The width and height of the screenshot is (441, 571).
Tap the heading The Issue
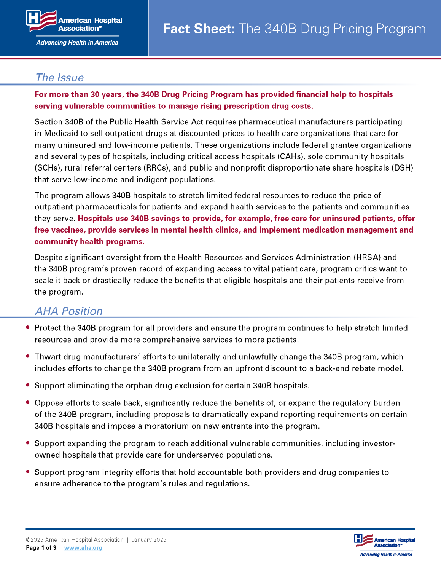click(59, 78)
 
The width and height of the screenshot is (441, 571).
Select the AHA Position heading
click(69, 311)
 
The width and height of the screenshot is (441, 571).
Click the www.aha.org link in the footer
click(83, 548)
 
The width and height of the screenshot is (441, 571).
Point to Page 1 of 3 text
click(41, 548)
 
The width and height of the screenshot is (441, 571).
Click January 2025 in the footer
click(149, 540)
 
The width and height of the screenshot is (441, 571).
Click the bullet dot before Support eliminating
click(28, 385)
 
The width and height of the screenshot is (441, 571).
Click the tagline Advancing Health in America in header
click(77, 43)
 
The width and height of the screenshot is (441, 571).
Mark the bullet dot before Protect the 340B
click(28, 327)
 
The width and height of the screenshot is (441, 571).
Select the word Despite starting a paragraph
click(48, 257)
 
